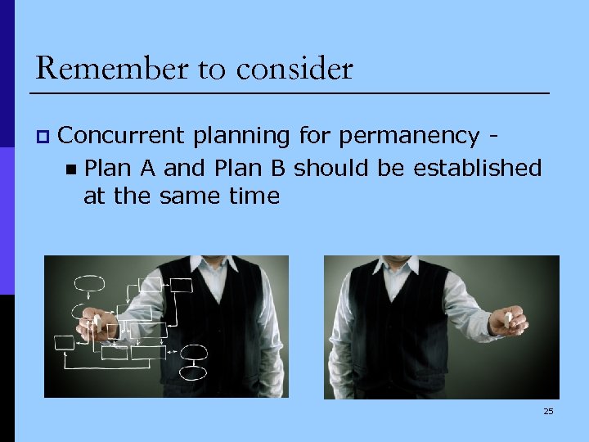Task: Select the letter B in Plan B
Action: [x=278, y=168]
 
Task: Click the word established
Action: [x=477, y=168]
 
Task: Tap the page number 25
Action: [x=548, y=411]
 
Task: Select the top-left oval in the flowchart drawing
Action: [x=89, y=284]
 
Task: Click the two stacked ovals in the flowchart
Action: [x=194, y=358]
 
